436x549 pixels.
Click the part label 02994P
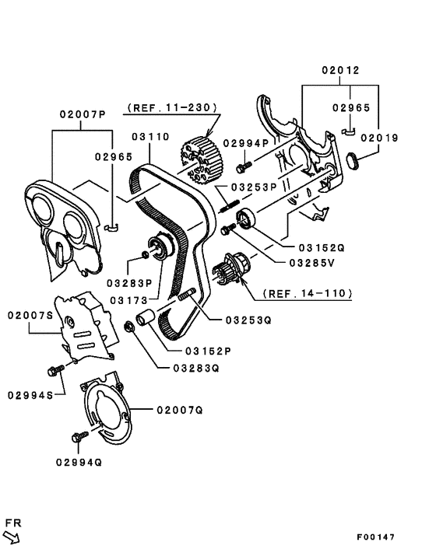[245, 143]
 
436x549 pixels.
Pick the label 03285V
[311, 263]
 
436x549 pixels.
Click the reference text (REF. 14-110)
[307, 294]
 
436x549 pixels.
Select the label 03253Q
[248, 320]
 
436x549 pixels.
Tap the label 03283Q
[194, 369]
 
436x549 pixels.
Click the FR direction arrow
[12, 535]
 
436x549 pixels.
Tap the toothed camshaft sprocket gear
[201, 157]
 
